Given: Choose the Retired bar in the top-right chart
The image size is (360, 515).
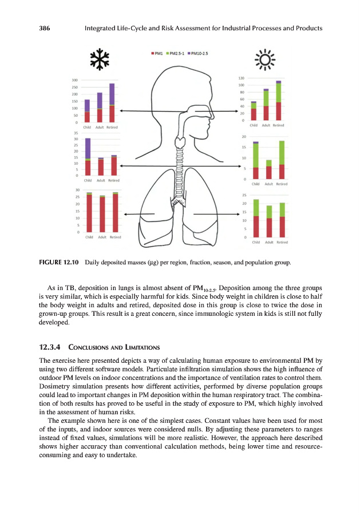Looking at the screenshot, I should pyautogui.click(x=278, y=101).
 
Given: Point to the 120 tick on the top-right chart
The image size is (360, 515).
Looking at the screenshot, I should pyautogui.click(x=241, y=77).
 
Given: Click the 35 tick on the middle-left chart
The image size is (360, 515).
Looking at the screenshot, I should pyautogui.click(x=74, y=133).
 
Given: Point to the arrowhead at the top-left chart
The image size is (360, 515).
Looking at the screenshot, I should pyautogui.click(x=120, y=111).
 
